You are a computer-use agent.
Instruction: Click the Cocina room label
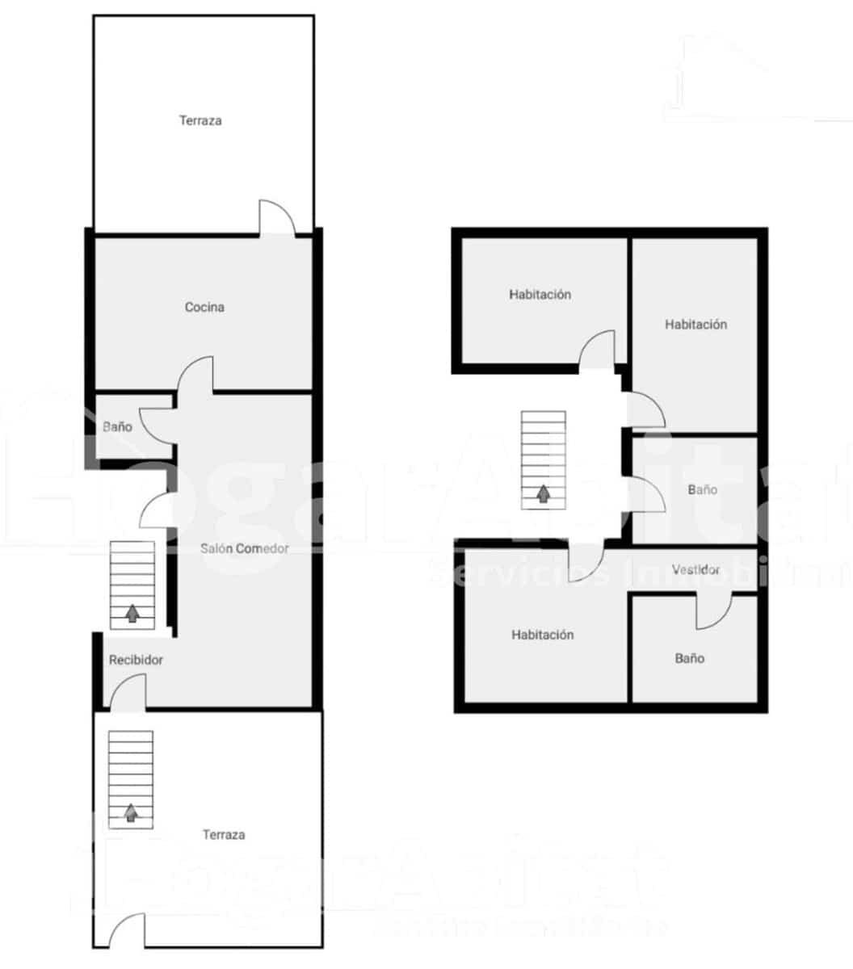click(204, 307)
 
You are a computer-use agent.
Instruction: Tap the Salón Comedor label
click(245, 548)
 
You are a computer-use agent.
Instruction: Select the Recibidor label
click(136, 660)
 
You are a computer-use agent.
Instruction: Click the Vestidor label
click(696, 569)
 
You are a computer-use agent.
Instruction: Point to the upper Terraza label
click(200, 121)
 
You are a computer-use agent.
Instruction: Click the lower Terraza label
click(224, 834)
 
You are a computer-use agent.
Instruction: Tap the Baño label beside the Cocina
click(117, 426)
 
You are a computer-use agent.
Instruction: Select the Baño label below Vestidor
click(689, 658)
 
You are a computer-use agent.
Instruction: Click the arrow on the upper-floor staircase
click(544, 493)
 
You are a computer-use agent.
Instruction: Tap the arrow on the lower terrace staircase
click(131, 812)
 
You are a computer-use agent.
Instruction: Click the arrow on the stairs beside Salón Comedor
click(132, 613)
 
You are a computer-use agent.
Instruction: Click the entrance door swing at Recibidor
click(128, 693)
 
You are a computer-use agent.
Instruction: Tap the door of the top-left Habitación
click(598, 349)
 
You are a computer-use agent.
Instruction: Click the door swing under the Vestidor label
click(714, 612)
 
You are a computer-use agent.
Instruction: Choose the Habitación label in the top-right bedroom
click(695, 325)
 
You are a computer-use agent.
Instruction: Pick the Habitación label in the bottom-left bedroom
click(542, 635)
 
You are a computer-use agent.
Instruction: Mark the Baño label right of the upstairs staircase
click(702, 489)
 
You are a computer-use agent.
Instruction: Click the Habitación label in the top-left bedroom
click(540, 295)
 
